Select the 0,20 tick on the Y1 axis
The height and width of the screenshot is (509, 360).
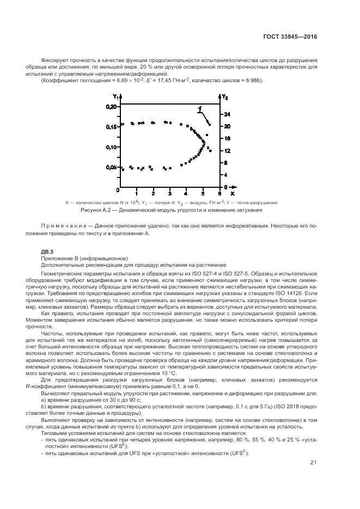coord(111,107)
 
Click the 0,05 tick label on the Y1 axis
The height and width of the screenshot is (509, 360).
coord(111,167)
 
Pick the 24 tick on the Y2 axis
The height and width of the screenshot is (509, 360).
coord(227,114)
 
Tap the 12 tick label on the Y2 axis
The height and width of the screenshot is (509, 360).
coord(227,150)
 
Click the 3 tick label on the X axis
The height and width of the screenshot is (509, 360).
coord(170,193)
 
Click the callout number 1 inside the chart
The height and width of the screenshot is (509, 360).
coord(200,108)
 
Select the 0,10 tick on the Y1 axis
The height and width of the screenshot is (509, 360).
coord(111,147)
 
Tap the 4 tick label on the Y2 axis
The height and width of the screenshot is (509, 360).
coord(227,174)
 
